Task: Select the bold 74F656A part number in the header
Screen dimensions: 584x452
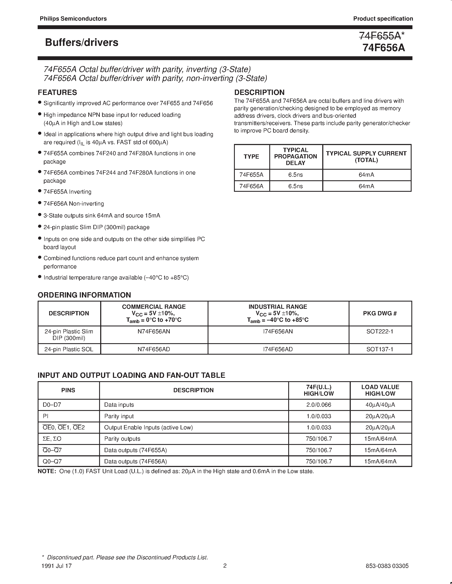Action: click(384, 48)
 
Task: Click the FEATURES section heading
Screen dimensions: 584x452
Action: click(57, 93)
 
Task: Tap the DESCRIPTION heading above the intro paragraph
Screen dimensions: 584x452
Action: click(259, 93)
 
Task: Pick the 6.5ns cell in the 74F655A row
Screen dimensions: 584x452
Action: click(295, 175)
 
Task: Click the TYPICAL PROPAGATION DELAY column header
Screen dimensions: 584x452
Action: click(295, 157)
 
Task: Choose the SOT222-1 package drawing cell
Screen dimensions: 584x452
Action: click(380, 331)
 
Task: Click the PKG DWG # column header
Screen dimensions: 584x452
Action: click(380, 313)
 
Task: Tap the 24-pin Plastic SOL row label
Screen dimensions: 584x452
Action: click(69, 349)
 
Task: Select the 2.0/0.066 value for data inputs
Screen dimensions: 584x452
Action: click(319, 405)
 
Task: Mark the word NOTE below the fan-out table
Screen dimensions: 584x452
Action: click(47, 471)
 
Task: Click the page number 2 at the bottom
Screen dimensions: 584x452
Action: click(225, 566)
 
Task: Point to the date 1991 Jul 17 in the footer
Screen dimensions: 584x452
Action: click(57, 566)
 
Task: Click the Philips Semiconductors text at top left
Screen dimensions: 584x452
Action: click(73, 19)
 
